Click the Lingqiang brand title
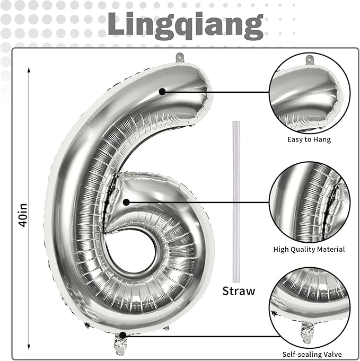coord(186,24)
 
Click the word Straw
coord(239,291)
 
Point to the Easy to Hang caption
coord(309,139)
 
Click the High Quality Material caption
coord(309,249)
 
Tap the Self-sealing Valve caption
coord(312,354)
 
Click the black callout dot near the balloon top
coord(162,92)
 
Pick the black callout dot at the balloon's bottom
coord(123,335)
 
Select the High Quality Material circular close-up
coord(309,202)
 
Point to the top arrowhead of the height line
coord(29,69)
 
